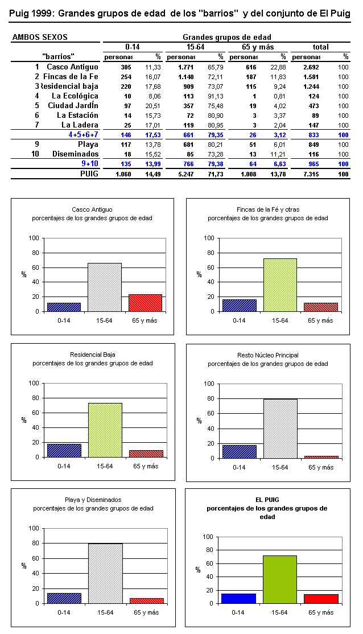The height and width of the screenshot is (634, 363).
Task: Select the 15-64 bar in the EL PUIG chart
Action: coord(280,579)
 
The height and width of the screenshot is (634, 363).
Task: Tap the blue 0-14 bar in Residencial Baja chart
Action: coord(64,450)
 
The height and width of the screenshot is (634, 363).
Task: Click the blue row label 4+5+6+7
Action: coord(83,135)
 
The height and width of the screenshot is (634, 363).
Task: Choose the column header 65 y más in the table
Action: coord(258,47)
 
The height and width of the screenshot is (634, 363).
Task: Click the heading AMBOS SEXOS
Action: coord(40,38)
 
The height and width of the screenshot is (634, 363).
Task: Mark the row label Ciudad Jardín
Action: coord(73,106)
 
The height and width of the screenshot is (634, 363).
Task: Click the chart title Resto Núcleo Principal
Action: coord(267,355)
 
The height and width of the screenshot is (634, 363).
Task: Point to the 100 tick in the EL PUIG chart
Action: coord(207,537)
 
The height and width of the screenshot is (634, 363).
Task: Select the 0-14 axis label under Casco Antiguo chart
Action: coord(64,320)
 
